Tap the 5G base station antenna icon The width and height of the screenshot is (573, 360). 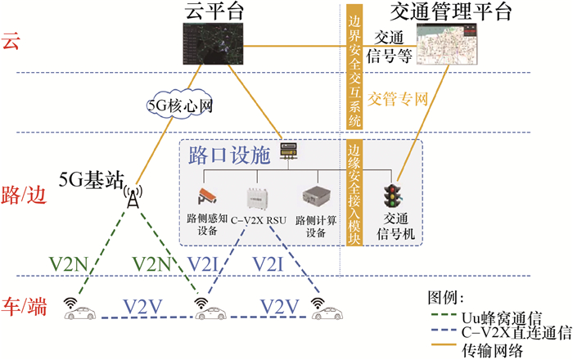point(131,199)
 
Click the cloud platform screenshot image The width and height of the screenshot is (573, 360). point(213,44)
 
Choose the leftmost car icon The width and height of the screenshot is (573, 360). point(79,310)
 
